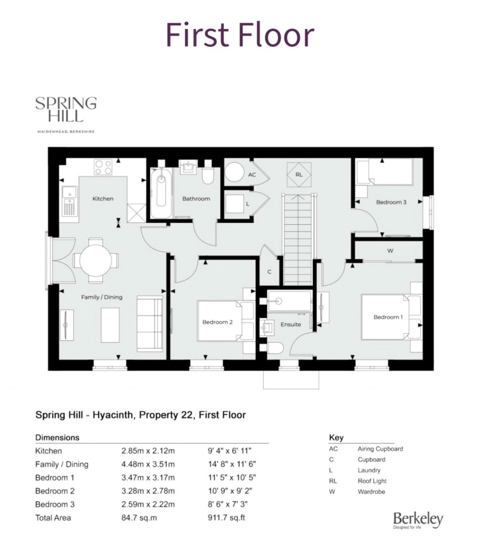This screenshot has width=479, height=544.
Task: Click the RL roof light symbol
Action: tap(299, 174)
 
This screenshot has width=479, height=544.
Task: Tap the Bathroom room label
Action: tap(196, 198)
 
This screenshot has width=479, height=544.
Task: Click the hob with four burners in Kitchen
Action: tap(103, 167)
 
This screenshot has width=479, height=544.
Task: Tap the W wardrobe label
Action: tap(390, 250)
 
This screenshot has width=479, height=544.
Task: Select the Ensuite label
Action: tap(290, 324)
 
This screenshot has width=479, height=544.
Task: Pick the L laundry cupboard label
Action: tap(247, 204)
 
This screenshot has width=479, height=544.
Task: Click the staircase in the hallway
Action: tap(298, 239)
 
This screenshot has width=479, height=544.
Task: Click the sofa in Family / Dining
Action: tap(150, 323)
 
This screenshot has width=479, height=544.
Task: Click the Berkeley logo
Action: tap(418, 520)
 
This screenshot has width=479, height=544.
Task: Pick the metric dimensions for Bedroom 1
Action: tap(148, 478)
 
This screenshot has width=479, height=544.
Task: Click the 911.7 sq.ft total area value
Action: tap(226, 518)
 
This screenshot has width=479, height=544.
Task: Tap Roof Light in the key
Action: tap(372, 481)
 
